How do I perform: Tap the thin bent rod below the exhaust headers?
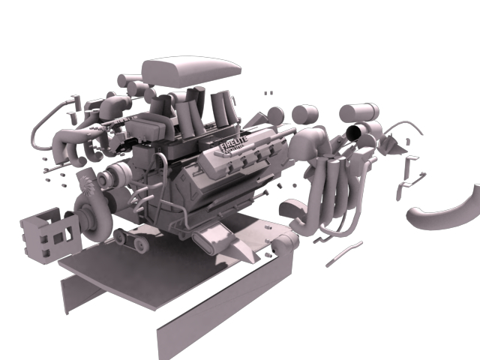(344, 252)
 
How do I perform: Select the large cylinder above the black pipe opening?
(358, 112)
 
